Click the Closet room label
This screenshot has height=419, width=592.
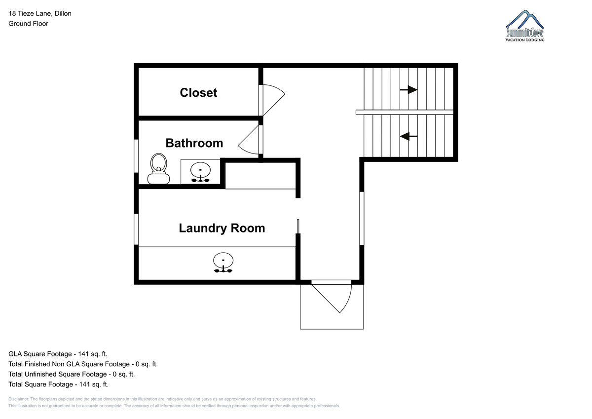pos(198,92)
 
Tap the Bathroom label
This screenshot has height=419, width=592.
pos(194,143)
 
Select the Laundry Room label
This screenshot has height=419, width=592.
pos(222,228)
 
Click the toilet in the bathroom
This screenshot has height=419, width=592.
pos(158,169)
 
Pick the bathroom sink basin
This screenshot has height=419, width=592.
pos(201,170)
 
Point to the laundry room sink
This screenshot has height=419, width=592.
pos(223,263)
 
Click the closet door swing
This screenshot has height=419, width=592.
pos(274,100)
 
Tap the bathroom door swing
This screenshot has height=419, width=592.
pos(249,140)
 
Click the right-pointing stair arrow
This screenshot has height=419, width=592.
pos(408,90)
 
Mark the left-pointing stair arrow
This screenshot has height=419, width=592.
pos(408,136)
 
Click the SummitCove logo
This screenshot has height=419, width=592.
pos(525,26)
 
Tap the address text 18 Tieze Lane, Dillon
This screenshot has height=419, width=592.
pos(40,13)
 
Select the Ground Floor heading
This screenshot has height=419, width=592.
pos(28,24)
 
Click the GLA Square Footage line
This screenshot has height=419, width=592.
pos(58,354)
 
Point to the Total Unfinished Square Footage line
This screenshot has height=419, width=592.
pos(72,374)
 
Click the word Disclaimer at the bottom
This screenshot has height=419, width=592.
pos(19,399)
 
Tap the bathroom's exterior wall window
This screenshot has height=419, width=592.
pos(136,156)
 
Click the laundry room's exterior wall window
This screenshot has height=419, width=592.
pos(136,229)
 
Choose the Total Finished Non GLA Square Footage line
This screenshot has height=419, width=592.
pos(83,364)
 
